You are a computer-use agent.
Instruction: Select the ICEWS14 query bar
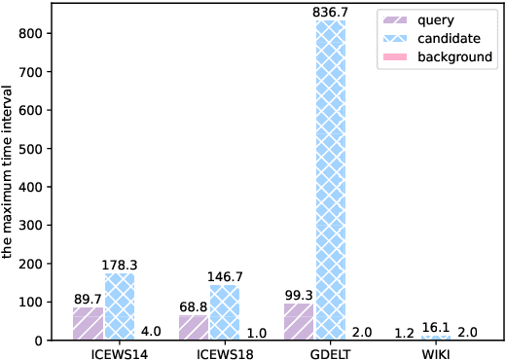pos(88,323)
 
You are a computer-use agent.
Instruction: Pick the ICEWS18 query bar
pos(193,327)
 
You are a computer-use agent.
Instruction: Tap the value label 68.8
pos(193,306)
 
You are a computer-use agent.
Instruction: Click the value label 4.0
pos(151,332)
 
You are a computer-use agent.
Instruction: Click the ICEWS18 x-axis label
pos(226,352)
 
